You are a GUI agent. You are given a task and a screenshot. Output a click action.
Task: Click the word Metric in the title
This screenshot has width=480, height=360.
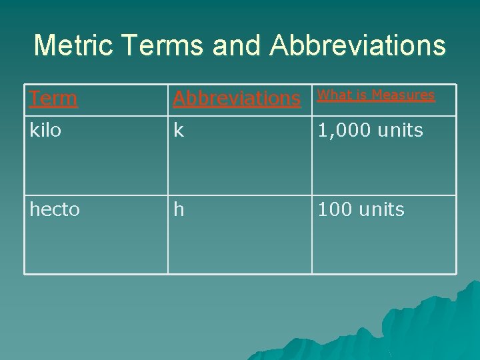pos(71,45)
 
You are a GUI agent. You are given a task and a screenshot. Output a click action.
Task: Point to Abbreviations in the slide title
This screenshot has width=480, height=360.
pos(358,45)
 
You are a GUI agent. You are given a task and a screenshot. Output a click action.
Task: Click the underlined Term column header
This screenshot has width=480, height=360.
pos(53,99)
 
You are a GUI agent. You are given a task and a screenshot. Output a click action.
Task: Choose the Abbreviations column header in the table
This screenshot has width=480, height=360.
pos(237,99)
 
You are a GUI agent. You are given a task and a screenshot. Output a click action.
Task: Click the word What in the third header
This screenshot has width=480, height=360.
pos(333,95)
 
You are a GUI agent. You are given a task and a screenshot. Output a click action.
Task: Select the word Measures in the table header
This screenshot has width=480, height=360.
pos(403,95)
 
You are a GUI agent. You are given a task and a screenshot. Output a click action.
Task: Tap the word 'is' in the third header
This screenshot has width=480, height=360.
pos(360,95)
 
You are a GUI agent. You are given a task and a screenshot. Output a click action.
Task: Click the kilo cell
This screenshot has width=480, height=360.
pos(45,131)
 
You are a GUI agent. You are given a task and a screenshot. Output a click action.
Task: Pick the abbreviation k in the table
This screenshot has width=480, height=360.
pos(179,131)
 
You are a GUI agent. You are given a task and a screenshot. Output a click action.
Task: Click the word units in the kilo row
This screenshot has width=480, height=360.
pos(399,131)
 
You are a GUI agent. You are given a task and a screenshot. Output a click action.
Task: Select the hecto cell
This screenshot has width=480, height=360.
pos(55,210)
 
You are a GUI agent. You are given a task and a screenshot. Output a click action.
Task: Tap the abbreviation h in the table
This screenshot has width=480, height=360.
pos(179,210)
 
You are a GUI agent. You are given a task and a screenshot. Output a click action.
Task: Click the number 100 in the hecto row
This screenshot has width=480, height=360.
pos(334,210)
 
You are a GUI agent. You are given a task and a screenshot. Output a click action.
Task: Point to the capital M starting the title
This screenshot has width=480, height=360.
pos(45,45)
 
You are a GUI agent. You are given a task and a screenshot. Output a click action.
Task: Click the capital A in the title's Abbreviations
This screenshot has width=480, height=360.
pos(280,45)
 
